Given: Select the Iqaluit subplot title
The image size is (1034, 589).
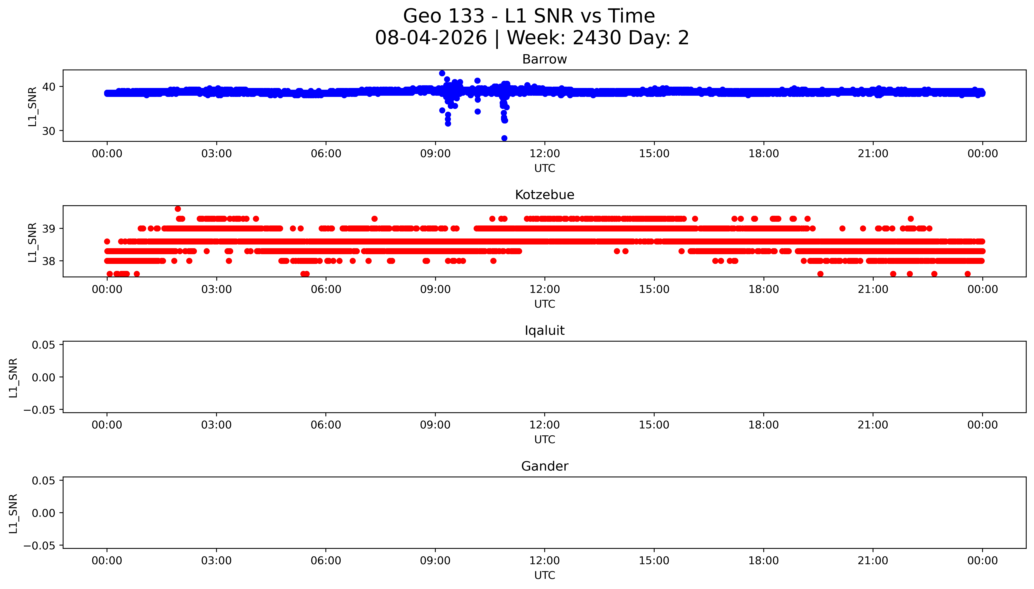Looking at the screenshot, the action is (544, 331).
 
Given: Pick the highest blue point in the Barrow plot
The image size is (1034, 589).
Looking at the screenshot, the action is (442, 73).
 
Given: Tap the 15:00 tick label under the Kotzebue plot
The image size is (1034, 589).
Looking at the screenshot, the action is (654, 289).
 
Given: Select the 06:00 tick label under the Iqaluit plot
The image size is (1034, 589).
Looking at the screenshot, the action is (326, 425).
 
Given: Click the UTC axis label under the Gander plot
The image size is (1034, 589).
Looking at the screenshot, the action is (544, 575).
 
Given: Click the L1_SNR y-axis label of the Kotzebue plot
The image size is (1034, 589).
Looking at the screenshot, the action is (32, 242).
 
